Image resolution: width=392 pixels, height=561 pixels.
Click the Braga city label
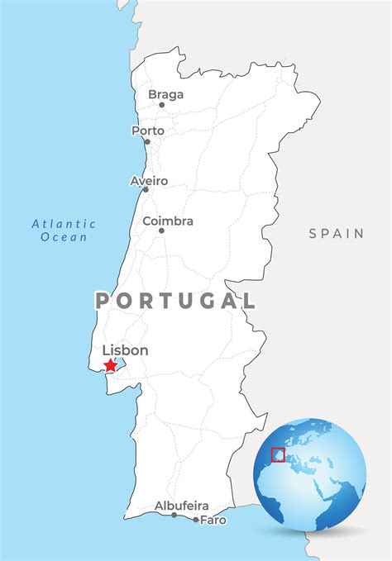(165, 94)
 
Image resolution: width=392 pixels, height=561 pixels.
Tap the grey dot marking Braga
(162, 105)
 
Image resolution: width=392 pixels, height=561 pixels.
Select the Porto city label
(148, 131)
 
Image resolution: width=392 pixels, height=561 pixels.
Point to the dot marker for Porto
(148, 141)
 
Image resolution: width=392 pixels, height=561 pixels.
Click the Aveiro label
(149, 180)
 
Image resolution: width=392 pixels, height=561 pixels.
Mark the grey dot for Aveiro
(146, 190)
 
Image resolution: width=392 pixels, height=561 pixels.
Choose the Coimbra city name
(168, 221)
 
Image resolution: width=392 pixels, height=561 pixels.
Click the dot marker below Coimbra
(161, 231)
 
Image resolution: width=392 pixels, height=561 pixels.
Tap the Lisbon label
(125, 350)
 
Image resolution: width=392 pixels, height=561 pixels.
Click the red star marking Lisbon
(111, 364)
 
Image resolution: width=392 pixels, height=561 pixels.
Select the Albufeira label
(181, 506)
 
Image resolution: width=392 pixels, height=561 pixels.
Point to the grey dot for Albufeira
(174, 515)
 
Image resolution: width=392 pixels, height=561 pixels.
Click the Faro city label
(213, 521)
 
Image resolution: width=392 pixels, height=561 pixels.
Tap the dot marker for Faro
(196, 520)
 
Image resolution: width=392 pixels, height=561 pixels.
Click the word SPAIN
(337, 234)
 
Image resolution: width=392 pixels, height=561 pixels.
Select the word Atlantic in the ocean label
(64, 224)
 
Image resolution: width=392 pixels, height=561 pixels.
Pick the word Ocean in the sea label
(64, 237)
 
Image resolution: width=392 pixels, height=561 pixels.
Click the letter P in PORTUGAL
(103, 301)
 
